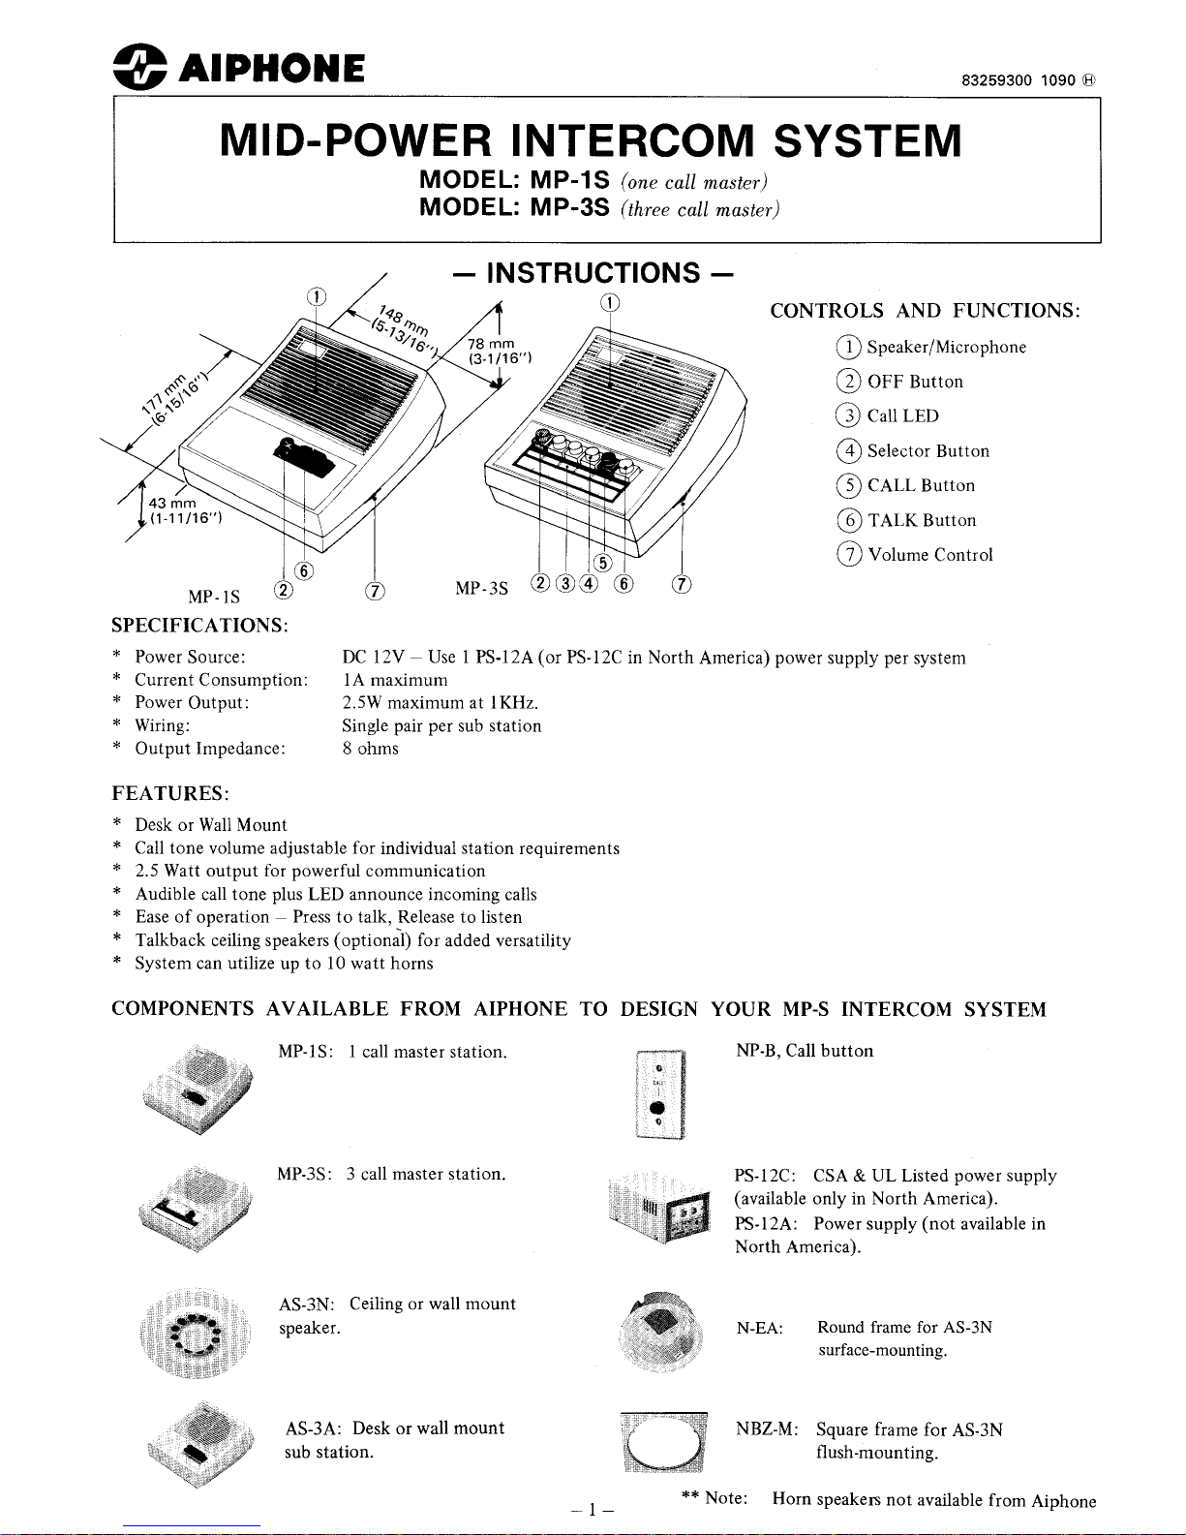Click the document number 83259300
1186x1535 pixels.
pos(996,80)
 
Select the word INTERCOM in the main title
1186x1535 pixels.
pos(633,141)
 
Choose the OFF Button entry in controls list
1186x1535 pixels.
pos(914,382)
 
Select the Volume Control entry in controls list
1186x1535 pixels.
pos(929,555)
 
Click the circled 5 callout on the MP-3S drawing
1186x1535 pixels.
pos(601,564)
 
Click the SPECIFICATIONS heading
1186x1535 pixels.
pos(199,625)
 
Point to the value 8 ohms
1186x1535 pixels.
pos(370,749)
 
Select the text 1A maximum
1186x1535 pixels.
pos(395,680)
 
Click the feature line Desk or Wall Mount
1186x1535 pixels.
pos(210,825)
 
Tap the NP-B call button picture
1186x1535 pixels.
pos(659,1094)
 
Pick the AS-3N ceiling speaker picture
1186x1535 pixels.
pos(195,1332)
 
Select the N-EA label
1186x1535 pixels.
pos(759,1328)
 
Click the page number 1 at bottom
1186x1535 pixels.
pos(593,1509)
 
